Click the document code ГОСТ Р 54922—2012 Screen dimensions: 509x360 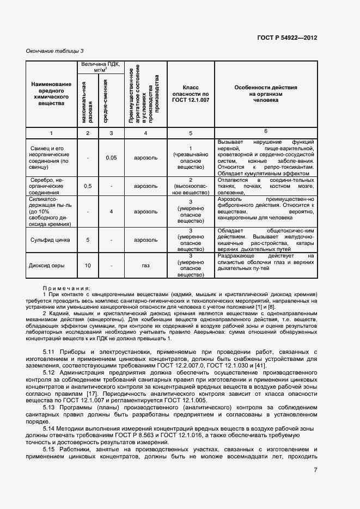coord(288,38)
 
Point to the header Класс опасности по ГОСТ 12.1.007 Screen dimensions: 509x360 coord(191,94)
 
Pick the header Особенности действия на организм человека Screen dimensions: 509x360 coord(265,94)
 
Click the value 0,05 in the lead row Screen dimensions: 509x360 coord(111,158)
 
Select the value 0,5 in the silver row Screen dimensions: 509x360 coord(88,186)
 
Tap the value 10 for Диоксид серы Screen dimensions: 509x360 coord(88,266)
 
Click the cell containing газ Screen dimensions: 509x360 coord(145,266)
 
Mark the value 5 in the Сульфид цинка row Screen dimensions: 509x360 coord(88,240)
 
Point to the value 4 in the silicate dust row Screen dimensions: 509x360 coord(111,212)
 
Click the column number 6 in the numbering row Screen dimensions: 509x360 coord(265,131)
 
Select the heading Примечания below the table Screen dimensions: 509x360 coord(66,288)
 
